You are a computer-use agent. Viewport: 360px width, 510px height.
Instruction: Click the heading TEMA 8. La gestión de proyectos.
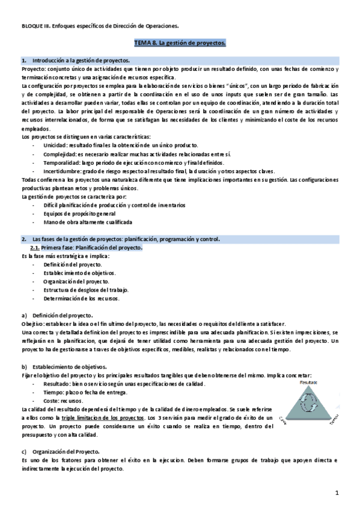click(180, 44)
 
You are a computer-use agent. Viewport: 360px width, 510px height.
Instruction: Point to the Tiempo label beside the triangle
click(334, 422)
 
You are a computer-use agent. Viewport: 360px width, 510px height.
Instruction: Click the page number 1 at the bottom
click(338, 494)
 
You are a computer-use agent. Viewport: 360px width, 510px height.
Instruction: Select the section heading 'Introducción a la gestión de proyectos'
click(81, 61)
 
